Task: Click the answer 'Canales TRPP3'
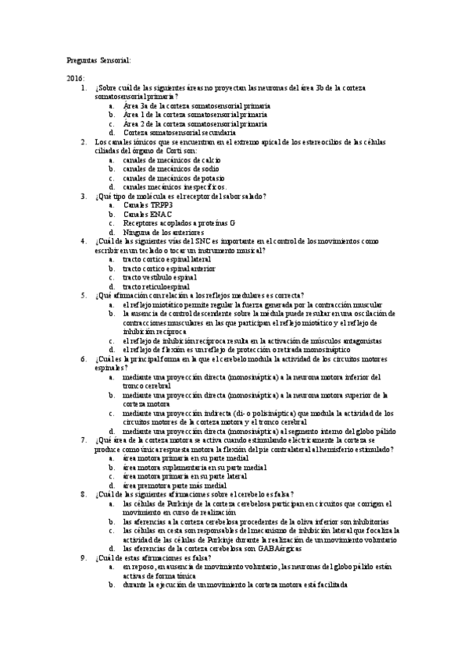pos(148,205)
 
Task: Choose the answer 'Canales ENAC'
pos(148,214)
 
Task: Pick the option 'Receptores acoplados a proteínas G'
pos(178,223)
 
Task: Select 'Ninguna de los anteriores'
pos(163,233)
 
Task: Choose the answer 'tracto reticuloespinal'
pos(156,287)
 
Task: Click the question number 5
pos(84,295)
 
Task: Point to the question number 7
pos(84,440)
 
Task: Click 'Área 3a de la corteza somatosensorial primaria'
pos(195,105)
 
